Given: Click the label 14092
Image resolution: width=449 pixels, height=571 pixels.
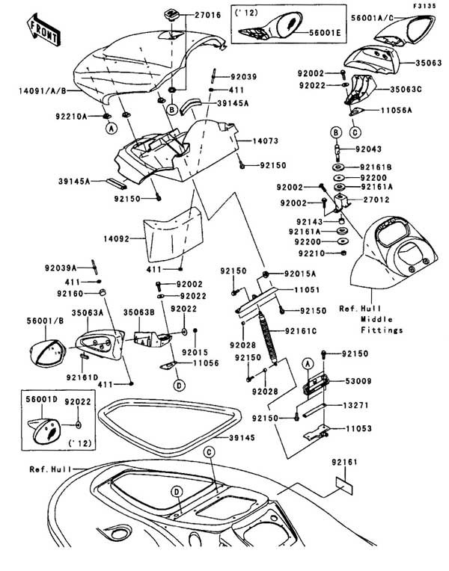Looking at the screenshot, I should pos(118,239).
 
